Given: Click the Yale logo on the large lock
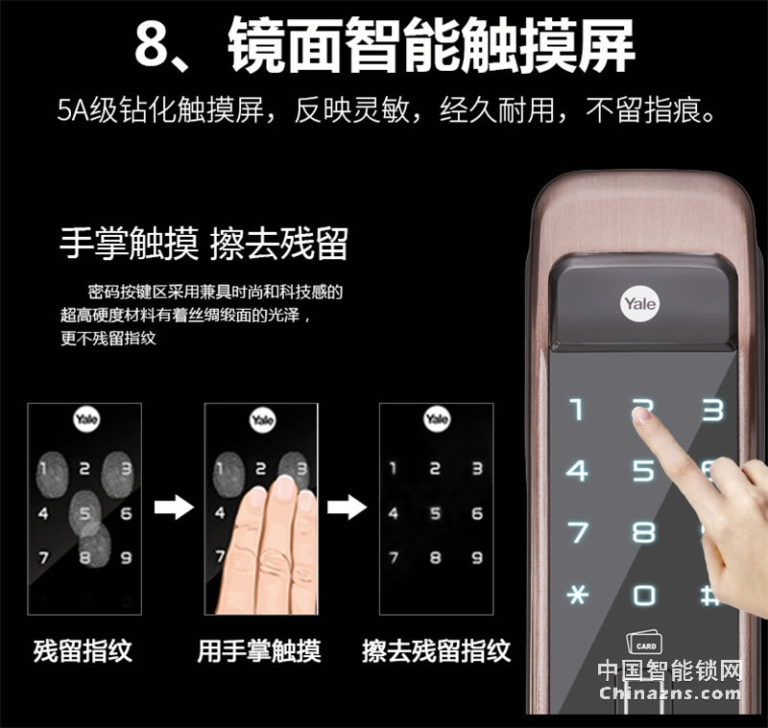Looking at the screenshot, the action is (x=640, y=304).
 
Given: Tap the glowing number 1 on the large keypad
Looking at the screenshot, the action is (x=578, y=409).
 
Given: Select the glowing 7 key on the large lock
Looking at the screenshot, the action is (x=578, y=531).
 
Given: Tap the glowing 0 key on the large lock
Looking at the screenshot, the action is (x=643, y=595).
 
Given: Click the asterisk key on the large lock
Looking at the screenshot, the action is (x=578, y=594).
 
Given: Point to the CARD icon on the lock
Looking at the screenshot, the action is (x=644, y=642).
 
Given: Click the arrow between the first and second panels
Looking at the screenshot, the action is (x=174, y=506).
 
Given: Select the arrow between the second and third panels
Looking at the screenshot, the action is (x=347, y=506).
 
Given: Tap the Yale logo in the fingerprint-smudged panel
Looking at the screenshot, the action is (x=86, y=419).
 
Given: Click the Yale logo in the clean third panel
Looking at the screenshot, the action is (x=437, y=419).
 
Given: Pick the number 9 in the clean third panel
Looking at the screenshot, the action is (x=477, y=557).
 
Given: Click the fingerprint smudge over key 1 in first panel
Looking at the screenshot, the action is (x=52, y=473).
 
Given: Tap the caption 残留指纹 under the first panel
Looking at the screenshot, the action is (x=83, y=650).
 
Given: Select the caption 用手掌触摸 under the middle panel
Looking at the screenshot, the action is (x=259, y=650).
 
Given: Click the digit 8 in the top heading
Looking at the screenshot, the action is (x=152, y=45).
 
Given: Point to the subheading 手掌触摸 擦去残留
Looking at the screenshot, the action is (x=204, y=244).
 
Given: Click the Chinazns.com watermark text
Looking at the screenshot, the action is (x=670, y=693).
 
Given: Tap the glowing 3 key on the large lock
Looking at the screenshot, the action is (x=712, y=410).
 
